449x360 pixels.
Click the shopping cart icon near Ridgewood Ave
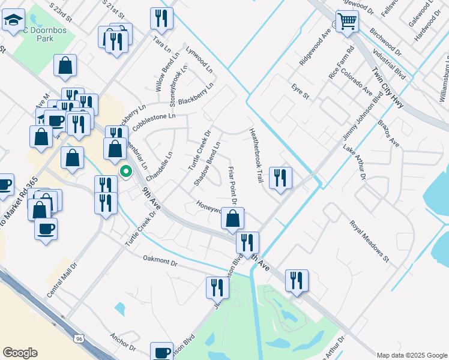[347, 22]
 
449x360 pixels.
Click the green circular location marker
[126, 172]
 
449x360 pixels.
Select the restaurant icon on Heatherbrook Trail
[280, 178]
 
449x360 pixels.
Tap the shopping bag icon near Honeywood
[232, 218]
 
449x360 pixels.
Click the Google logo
[20, 353]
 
